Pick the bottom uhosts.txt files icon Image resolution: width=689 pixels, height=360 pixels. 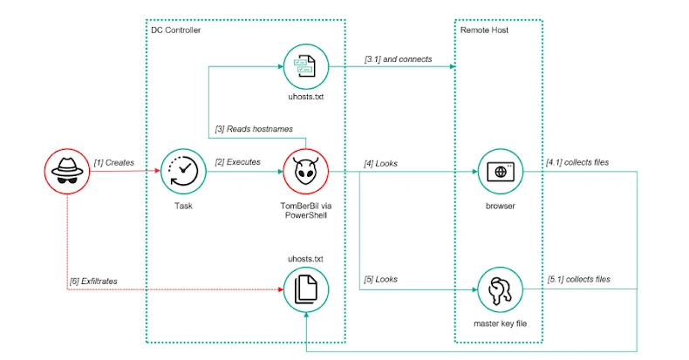click(304, 285)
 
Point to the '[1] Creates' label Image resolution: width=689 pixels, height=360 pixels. click(115, 163)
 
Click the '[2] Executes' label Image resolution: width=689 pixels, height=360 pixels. click(236, 163)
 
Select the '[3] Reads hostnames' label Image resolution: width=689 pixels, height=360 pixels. click(259, 129)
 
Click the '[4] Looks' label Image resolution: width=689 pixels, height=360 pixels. click(382, 163)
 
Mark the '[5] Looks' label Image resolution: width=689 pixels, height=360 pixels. click(382, 279)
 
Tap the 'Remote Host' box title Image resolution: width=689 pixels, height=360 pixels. click(484, 31)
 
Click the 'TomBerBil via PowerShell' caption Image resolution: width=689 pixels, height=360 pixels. click(304, 212)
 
